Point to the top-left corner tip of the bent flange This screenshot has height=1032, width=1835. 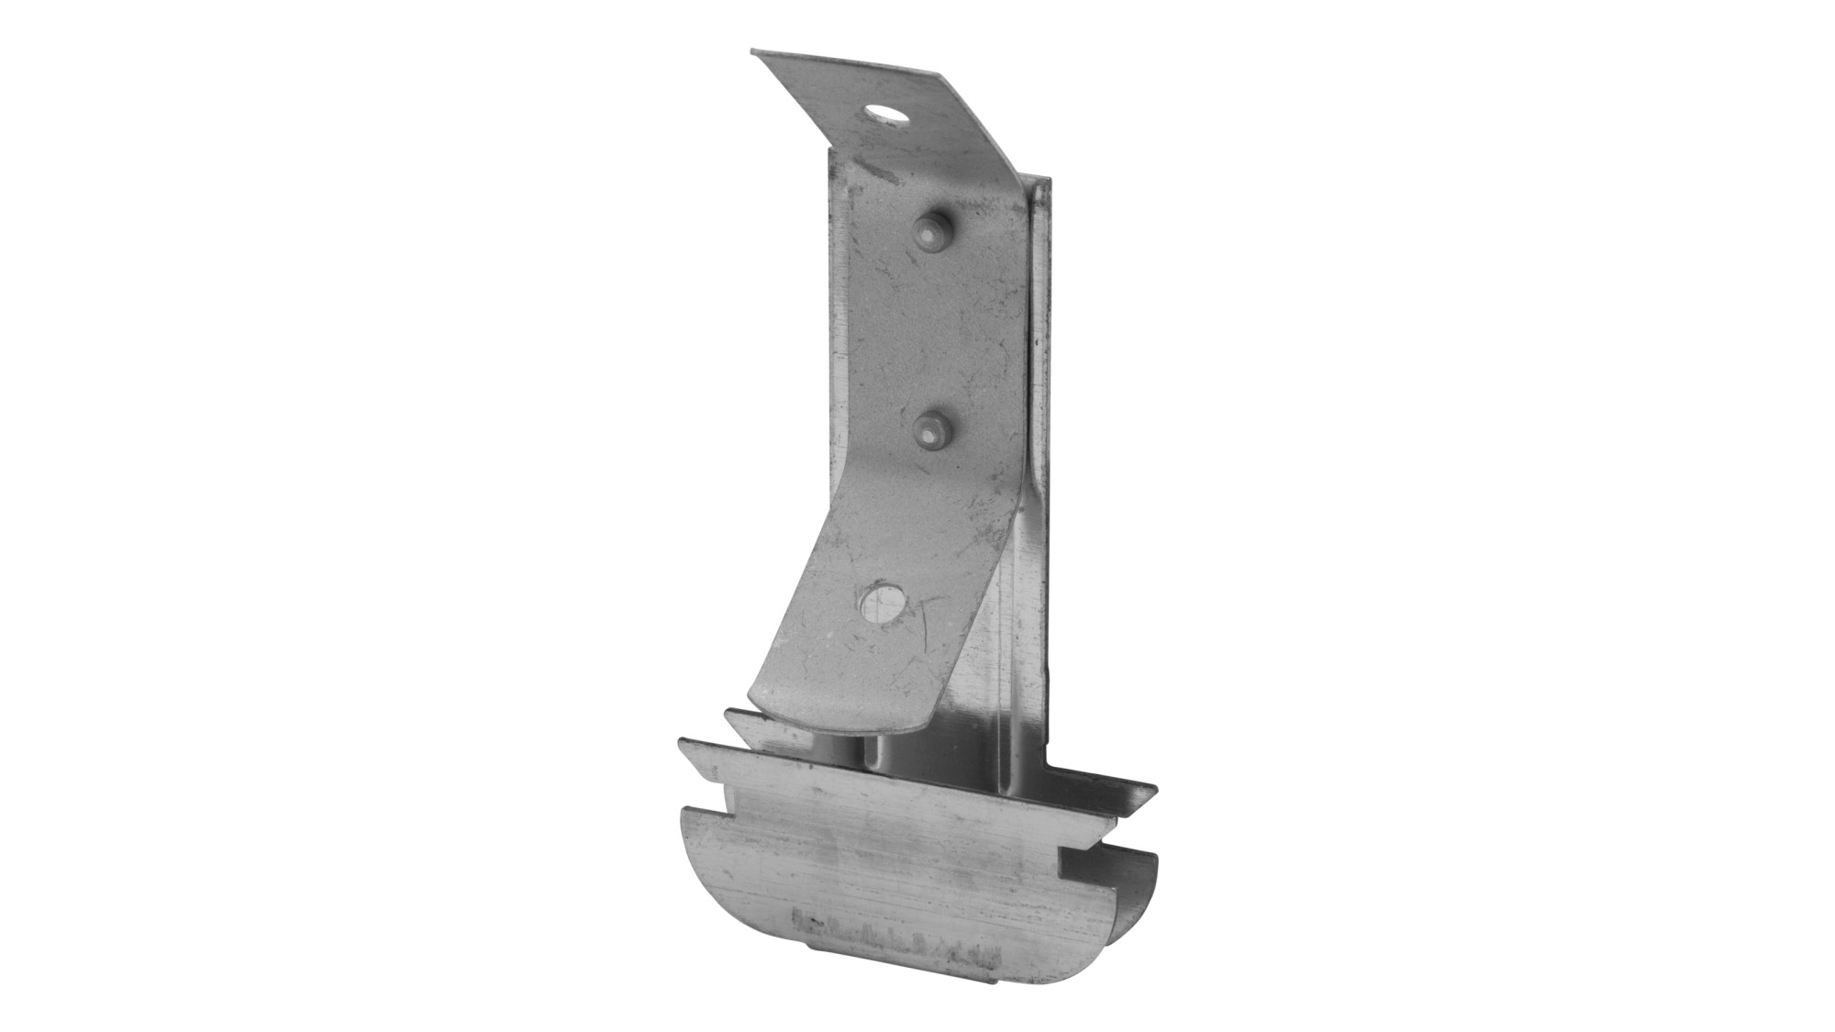click(x=753, y=52)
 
